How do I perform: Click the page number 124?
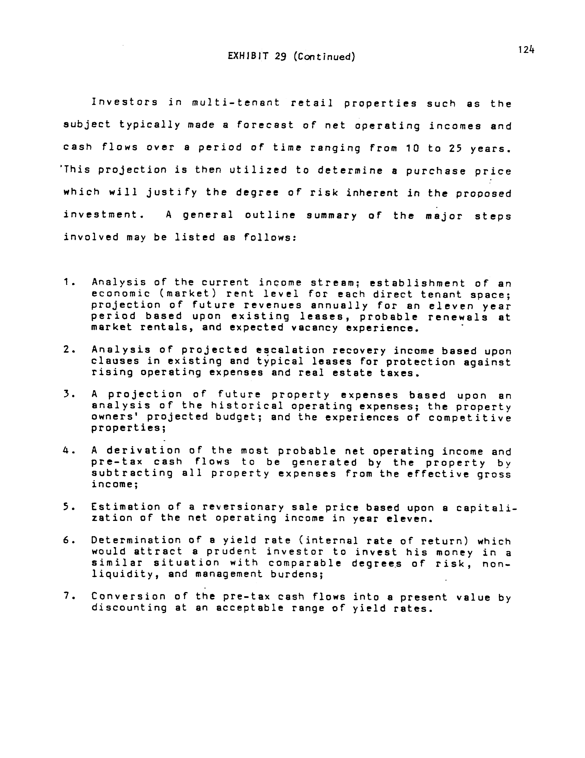[x=526, y=50]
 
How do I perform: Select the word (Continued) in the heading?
[x=324, y=57]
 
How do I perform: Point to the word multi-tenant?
[x=236, y=103]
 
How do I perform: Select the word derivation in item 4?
[x=143, y=450]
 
